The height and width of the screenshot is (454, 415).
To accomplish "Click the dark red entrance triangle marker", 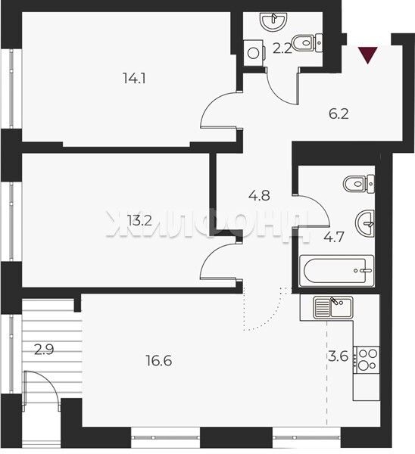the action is (x=368, y=54).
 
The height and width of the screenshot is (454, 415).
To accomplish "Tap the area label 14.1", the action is (x=134, y=78).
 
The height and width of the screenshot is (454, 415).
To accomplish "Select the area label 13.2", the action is (x=139, y=221).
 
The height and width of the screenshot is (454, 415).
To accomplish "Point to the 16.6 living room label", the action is (x=159, y=361).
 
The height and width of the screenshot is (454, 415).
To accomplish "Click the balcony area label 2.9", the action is (x=44, y=350).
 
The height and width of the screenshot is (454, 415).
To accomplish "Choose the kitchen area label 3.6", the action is (x=339, y=356).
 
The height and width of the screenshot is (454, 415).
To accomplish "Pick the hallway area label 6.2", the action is (x=339, y=113).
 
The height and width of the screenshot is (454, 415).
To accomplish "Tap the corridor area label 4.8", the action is (x=259, y=195).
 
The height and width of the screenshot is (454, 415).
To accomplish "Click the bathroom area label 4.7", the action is (x=334, y=237).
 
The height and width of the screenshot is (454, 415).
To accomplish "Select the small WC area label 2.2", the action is (x=282, y=48).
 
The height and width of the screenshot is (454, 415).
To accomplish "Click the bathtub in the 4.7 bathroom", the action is (x=337, y=271).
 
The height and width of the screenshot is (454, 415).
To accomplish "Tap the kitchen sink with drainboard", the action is (x=333, y=307).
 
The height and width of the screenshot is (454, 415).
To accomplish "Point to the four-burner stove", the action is (x=367, y=360).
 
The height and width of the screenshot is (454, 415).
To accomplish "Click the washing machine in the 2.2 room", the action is (x=254, y=53).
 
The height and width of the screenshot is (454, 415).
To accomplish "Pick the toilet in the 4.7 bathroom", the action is (x=359, y=184).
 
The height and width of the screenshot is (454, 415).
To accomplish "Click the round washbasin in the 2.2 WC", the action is (x=274, y=21).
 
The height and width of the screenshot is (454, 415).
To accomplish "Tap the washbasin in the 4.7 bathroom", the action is (x=365, y=224).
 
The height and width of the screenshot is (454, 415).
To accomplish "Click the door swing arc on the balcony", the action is (x=46, y=380).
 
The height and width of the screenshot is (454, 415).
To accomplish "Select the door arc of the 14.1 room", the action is (x=211, y=104).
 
